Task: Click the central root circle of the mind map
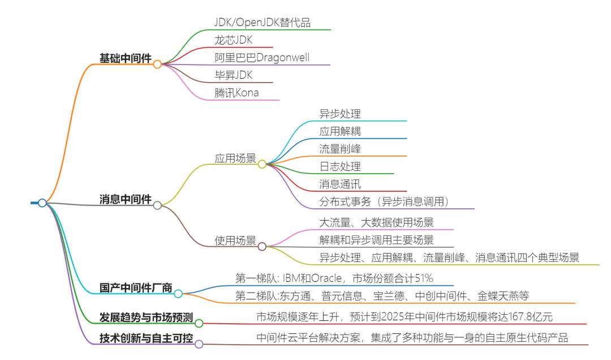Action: pyautogui.click(x=42, y=203)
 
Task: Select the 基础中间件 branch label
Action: pyautogui.click(x=125, y=58)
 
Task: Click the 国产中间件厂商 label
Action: pyautogui.click(x=136, y=288)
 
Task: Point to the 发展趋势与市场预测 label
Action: pyautogui.click(x=146, y=317)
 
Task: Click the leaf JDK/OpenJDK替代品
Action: pyautogui.click(x=263, y=23)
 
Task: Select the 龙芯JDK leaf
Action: pyautogui.click(x=233, y=40)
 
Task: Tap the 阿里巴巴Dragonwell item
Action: pyautogui.click(x=262, y=58)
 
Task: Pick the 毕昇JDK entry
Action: pyautogui.click(x=233, y=75)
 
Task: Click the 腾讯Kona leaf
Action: pyautogui.click(x=236, y=93)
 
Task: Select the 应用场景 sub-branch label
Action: pyautogui.click(x=235, y=158)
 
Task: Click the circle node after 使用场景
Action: pyautogui.click(x=262, y=246)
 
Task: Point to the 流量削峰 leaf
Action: pyautogui.click(x=340, y=149)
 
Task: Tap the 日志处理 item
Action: pyautogui.click(x=340, y=166)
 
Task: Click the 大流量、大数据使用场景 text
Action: pyautogui.click(x=376, y=222)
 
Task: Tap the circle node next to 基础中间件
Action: pyautogui.click(x=157, y=65)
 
